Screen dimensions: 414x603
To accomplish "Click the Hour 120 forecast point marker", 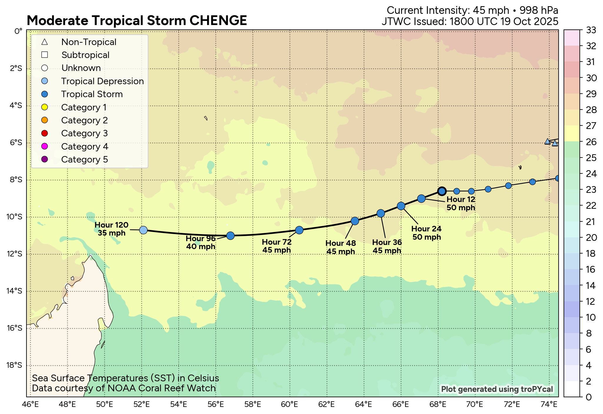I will [143, 230].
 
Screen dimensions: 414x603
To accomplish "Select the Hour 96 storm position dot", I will [230, 236].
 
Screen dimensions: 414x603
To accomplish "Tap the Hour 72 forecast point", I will [299, 230].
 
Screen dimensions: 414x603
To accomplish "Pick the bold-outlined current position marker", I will [442, 191].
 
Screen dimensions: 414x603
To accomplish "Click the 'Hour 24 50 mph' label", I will [427, 233].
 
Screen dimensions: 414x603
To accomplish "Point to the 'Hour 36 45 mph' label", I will [387, 246].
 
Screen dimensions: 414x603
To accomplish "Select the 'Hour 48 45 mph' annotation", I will [341, 247].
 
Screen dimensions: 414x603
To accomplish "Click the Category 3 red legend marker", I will [45, 133].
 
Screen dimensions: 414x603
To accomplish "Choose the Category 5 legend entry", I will [84, 160].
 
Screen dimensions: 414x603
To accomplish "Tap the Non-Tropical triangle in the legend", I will [45, 42].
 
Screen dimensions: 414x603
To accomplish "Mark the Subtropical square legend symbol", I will [45, 55].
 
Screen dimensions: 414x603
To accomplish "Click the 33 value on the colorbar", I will [591, 30].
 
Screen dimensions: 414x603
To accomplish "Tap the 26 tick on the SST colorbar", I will [591, 142].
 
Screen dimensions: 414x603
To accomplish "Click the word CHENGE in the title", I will [218, 21].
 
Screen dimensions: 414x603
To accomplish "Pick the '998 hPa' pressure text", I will [539, 10].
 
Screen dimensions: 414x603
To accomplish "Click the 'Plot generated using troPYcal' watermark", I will [497, 389].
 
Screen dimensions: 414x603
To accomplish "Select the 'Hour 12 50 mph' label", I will [461, 203].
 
